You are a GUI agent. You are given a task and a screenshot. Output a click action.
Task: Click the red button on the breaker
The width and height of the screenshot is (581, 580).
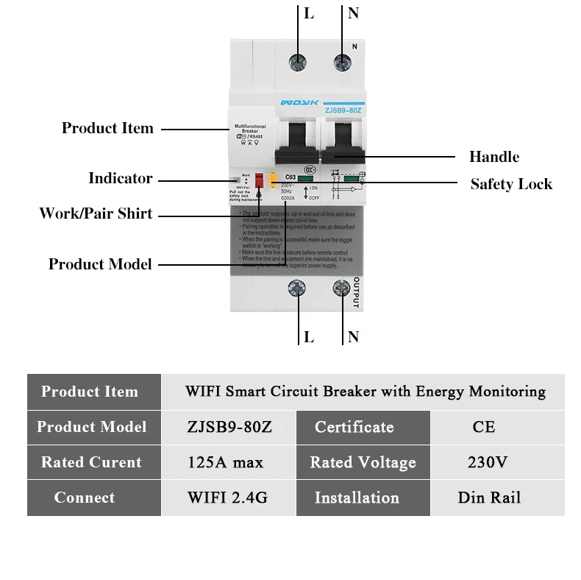tap(259, 180)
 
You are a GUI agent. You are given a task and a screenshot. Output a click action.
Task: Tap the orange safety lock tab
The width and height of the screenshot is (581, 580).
tap(272, 180)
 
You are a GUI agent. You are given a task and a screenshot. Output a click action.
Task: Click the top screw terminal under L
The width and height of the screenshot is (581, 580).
tap(298, 62)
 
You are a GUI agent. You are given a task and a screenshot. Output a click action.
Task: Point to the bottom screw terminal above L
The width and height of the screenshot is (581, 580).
tap(298, 289)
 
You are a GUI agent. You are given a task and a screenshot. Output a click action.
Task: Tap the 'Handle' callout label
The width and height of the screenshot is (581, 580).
tap(494, 157)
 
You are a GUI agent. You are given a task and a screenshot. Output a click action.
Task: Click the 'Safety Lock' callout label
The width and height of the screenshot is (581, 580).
tap(511, 184)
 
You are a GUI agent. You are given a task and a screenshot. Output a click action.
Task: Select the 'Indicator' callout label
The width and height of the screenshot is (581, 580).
tap(121, 178)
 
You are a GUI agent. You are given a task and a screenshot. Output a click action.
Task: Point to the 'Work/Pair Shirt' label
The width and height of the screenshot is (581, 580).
tap(96, 214)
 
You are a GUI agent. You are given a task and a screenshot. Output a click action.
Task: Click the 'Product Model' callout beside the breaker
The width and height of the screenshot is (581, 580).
tap(100, 264)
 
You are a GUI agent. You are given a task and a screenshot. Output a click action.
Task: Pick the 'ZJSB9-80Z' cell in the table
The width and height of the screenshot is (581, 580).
tap(229, 427)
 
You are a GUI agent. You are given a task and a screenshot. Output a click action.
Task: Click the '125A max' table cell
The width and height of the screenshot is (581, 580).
tap(226, 462)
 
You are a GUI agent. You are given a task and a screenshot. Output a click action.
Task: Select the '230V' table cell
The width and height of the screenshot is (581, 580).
tap(487, 462)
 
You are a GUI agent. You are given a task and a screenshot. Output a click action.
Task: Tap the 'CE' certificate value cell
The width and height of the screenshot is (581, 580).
tap(484, 427)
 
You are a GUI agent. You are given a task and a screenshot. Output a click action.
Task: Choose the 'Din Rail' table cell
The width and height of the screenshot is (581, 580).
tap(489, 498)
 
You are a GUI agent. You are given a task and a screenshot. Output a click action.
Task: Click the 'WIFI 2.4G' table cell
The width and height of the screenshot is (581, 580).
tap(227, 498)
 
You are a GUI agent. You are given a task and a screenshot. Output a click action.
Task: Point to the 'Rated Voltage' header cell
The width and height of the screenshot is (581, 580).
tap(363, 462)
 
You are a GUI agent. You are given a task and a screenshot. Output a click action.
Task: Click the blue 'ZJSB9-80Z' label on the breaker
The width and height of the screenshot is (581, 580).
tap(343, 110)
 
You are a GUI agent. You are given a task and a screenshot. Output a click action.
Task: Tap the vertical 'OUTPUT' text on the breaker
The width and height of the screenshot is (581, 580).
tap(356, 293)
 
